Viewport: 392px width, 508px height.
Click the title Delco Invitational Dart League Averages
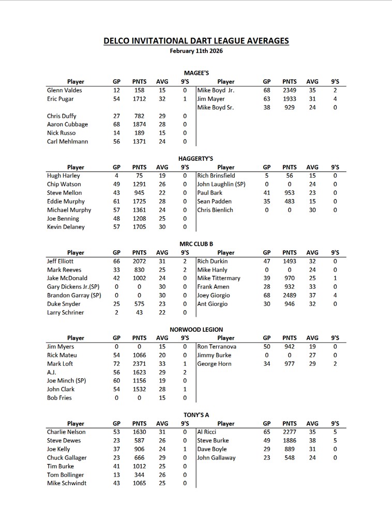(196, 41)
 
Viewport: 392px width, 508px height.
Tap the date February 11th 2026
(196, 51)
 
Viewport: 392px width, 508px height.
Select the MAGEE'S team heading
(196, 73)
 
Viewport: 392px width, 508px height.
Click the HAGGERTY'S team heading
(196, 159)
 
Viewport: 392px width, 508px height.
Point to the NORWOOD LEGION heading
(196, 329)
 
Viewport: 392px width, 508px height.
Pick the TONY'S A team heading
(196, 415)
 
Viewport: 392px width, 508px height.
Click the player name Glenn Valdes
(64, 90)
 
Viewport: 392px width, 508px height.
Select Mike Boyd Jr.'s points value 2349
(290, 90)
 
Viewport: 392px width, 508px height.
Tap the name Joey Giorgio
(214, 296)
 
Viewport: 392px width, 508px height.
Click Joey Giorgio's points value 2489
(290, 296)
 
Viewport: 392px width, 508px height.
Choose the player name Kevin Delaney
(66, 227)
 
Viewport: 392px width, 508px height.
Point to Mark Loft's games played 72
(116, 364)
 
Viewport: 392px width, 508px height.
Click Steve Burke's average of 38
(312, 441)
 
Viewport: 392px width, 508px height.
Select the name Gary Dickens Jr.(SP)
(73, 287)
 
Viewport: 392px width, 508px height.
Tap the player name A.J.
(52, 372)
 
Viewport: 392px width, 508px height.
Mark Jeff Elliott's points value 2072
(139, 261)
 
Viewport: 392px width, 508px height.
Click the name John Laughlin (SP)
(221, 184)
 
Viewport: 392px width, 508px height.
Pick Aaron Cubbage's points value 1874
(139, 125)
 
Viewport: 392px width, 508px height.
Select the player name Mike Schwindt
(67, 483)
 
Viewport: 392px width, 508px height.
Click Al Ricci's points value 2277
(290, 432)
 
